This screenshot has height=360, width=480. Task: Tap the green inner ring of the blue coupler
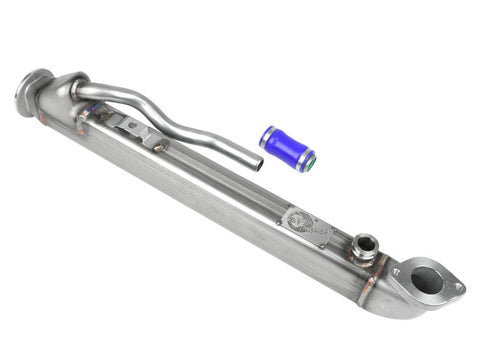(x=310, y=159)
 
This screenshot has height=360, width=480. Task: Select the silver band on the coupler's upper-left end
(x=267, y=135)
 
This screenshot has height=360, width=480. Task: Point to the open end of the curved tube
(x=256, y=164)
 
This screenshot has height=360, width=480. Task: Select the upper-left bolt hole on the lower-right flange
(x=398, y=269)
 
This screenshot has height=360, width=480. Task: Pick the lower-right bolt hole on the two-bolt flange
(x=458, y=289)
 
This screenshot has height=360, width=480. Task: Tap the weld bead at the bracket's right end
(x=158, y=146)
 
